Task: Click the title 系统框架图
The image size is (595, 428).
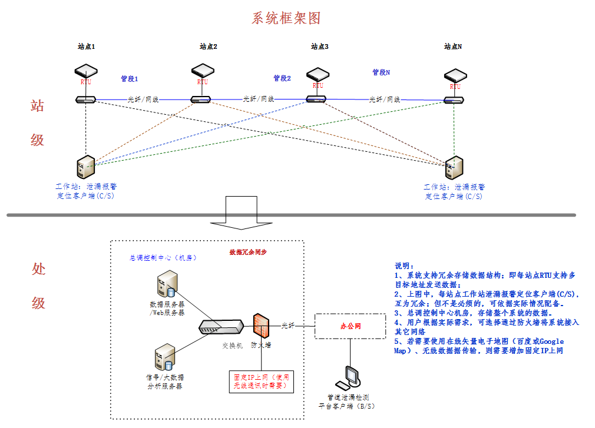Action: point(286,18)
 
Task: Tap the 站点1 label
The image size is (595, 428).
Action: point(86,46)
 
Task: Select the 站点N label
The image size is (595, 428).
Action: point(452,46)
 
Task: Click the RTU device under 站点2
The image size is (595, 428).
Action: point(203,71)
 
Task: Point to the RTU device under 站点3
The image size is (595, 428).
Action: point(318,75)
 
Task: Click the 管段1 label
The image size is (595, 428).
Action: point(129,78)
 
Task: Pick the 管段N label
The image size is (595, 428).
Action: point(381,72)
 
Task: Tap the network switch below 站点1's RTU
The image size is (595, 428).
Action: point(86,99)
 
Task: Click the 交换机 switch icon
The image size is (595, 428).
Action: point(221,327)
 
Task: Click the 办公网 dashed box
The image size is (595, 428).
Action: point(350,326)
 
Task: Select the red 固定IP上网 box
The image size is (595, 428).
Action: point(261,381)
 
